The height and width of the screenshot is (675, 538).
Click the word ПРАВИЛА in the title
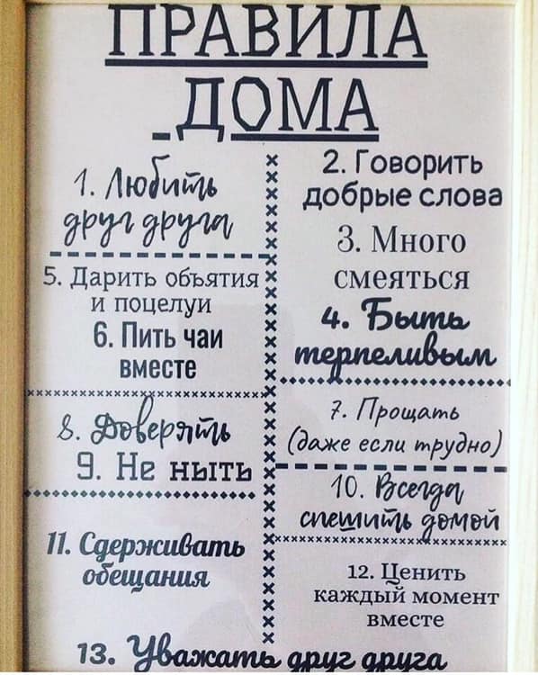click(266, 31)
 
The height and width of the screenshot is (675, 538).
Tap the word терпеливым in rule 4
click(399, 355)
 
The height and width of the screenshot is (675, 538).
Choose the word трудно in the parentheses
click(471, 444)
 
